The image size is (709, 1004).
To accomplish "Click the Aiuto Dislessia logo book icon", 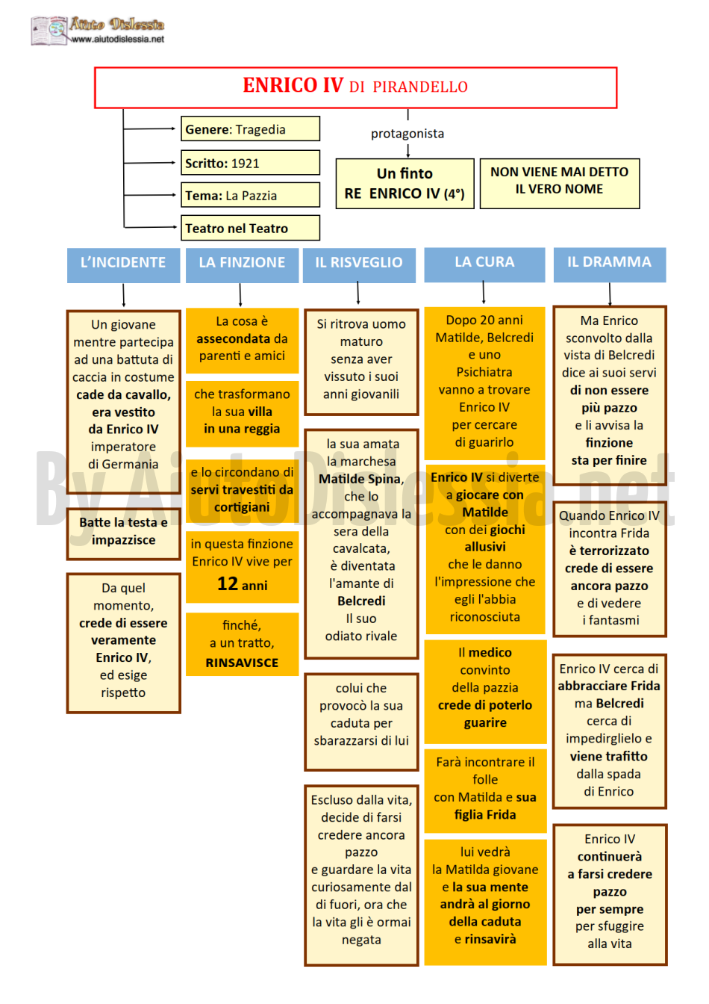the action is coord(49,31).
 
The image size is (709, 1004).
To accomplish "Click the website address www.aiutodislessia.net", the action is coord(118,40).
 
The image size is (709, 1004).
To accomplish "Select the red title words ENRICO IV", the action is coord(293,85).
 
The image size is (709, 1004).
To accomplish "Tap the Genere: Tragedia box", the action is coord(250,129).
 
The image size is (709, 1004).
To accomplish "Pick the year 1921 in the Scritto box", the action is coord(245,164).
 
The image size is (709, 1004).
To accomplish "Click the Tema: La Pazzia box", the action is coord(250,195).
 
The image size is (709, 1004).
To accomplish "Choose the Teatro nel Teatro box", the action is coord(250,228).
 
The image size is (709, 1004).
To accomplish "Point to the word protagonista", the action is coord(407,134).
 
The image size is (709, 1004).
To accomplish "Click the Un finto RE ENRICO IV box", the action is coord(405,184).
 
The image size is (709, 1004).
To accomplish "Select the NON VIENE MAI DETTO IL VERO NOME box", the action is coord(560,184).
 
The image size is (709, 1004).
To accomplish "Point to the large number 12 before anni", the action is coord(228,583).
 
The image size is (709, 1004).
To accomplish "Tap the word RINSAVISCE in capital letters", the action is coord(242,663).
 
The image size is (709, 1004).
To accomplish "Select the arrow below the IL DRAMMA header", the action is coord(610,294).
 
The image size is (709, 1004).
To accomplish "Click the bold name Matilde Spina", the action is coord(361,479).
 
